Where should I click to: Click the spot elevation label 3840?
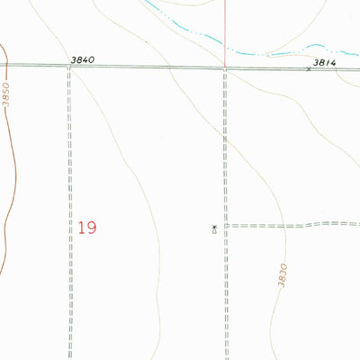(x=82, y=59)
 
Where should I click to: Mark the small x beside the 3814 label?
(x=308, y=69)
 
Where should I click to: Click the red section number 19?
(x=86, y=227)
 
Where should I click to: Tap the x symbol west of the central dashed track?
(x=213, y=226)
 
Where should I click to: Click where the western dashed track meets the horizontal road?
(x=68, y=67)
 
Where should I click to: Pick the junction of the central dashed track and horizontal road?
(x=225, y=67)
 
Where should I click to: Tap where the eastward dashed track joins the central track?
(x=225, y=225)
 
